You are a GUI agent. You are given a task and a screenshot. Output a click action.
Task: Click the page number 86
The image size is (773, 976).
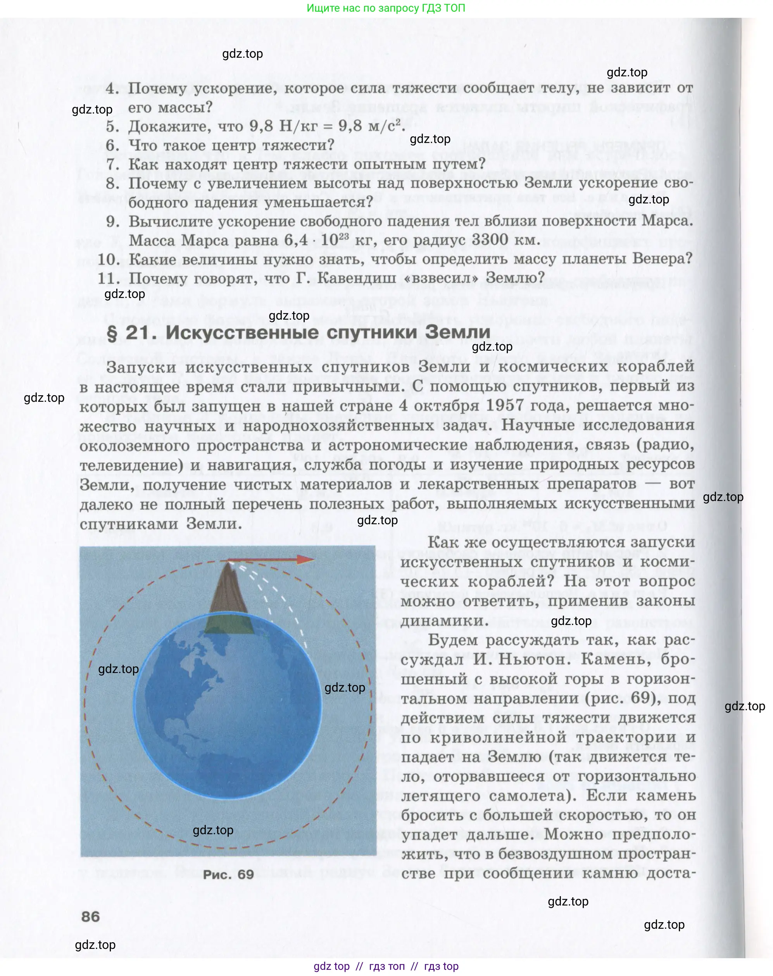90,916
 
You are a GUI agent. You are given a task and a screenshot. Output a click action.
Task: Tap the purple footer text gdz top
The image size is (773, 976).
331,966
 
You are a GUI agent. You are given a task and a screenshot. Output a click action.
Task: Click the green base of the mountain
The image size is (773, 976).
229,625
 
